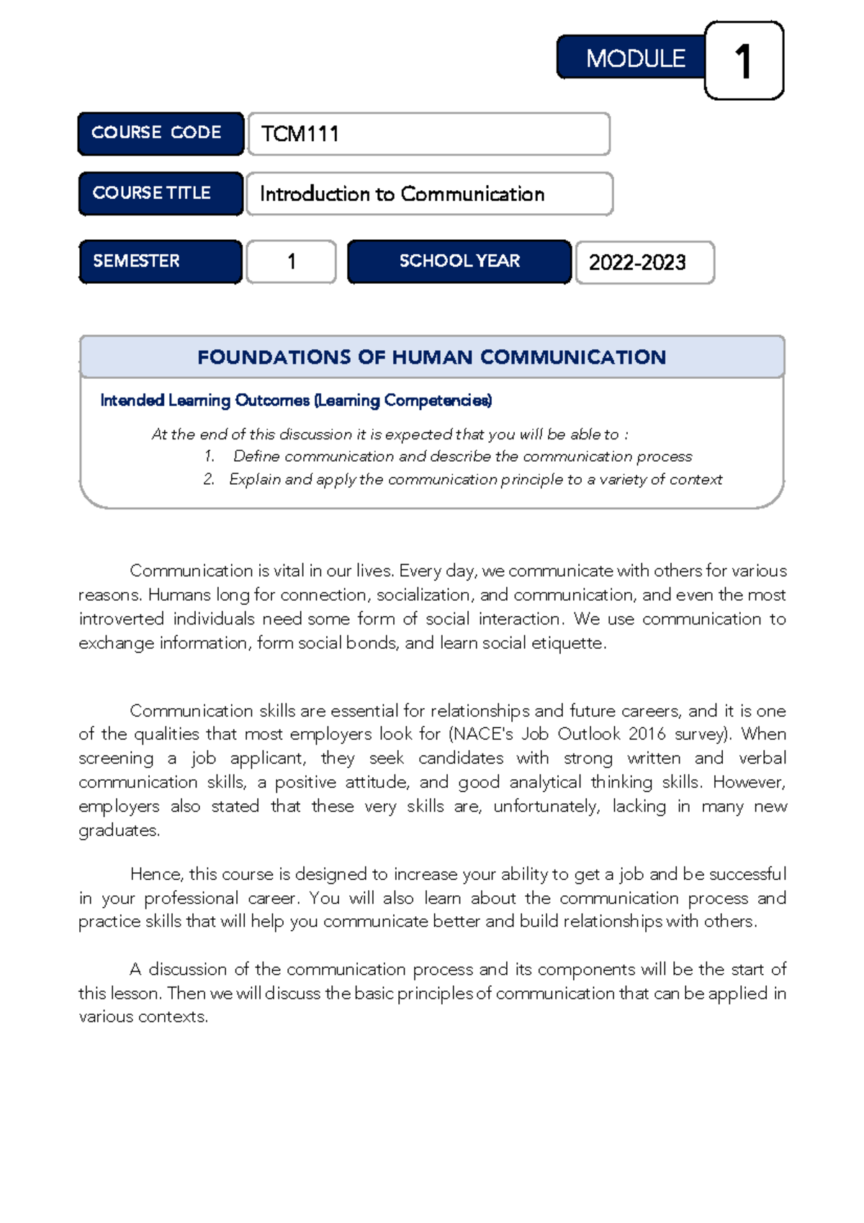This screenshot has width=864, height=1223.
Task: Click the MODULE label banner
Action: [x=631, y=58]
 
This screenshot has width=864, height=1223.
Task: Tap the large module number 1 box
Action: [x=744, y=61]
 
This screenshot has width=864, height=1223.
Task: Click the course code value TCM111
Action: [x=300, y=134]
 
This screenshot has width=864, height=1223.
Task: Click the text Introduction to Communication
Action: [x=402, y=194]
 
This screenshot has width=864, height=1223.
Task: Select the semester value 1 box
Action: [x=291, y=261]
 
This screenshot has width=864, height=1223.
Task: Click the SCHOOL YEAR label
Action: [x=459, y=261]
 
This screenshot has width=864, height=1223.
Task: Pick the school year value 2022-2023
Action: [x=637, y=262]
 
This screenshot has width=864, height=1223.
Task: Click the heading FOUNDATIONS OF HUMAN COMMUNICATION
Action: [x=431, y=357]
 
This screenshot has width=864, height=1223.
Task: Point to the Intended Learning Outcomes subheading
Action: [x=296, y=400]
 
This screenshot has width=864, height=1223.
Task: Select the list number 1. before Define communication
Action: [x=210, y=456]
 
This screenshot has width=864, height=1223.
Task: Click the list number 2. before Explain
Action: [x=209, y=480]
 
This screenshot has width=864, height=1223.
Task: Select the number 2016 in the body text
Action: [x=647, y=734]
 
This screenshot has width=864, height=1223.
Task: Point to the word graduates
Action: [x=119, y=830]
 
